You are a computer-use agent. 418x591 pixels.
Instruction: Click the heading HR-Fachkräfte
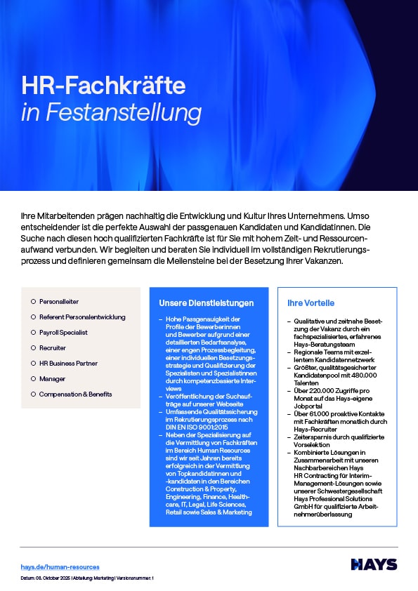click(103, 86)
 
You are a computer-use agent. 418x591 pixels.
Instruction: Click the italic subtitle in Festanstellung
click(111, 112)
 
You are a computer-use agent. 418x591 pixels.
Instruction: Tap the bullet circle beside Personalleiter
click(32, 301)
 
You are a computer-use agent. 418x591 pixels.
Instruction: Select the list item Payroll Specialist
click(63, 332)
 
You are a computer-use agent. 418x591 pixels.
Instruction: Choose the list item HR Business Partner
click(68, 363)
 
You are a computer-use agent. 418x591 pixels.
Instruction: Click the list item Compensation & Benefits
click(75, 394)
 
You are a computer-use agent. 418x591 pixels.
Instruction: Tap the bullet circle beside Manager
click(32, 378)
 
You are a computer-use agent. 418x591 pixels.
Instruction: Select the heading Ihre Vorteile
click(311, 303)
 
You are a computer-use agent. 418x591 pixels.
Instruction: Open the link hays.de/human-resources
click(60, 566)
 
